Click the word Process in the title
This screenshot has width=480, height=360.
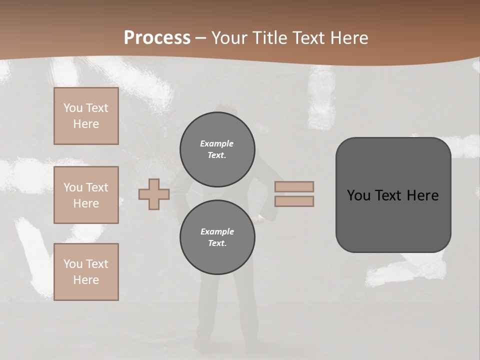(157, 38)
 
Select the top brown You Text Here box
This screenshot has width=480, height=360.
(86, 116)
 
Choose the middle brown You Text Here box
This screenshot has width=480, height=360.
(86, 195)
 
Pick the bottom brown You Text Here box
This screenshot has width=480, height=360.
(86, 272)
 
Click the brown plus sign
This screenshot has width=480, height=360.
(154, 194)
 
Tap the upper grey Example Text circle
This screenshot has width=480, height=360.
(217, 149)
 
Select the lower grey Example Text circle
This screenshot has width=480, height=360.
(217, 237)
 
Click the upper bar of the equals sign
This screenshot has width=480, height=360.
(294, 186)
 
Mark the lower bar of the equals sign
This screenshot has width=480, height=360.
(294, 201)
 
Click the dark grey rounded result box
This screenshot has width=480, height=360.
(393, 195)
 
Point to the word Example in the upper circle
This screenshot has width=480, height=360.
(217, 143)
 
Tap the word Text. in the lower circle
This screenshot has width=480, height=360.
(217, 243)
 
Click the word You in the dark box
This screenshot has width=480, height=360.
(358, 195)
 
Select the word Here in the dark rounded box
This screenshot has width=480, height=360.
(422, 195)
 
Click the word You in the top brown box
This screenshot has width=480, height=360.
(72, 108)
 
